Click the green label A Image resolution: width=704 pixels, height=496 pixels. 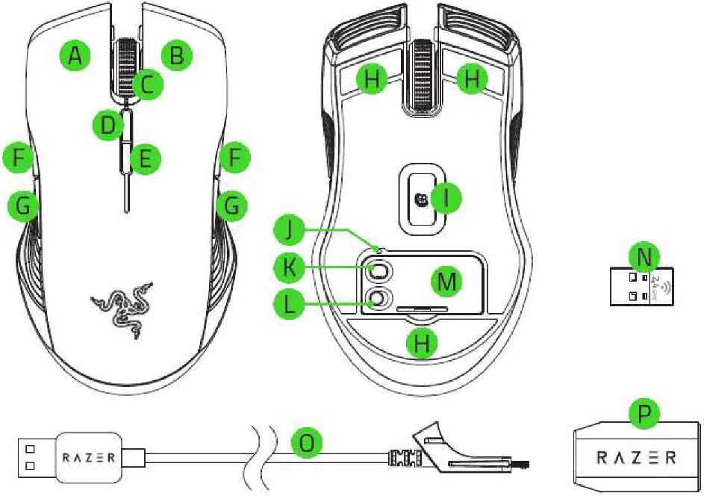click(x=75, y=55)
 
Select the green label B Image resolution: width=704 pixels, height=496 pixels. click(x=178, y=55)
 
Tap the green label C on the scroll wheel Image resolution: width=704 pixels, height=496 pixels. click(x=148, y=84)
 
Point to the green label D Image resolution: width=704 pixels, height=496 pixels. click(x=109, y=125)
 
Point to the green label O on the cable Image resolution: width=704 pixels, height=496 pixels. click(x=307, y=443)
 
